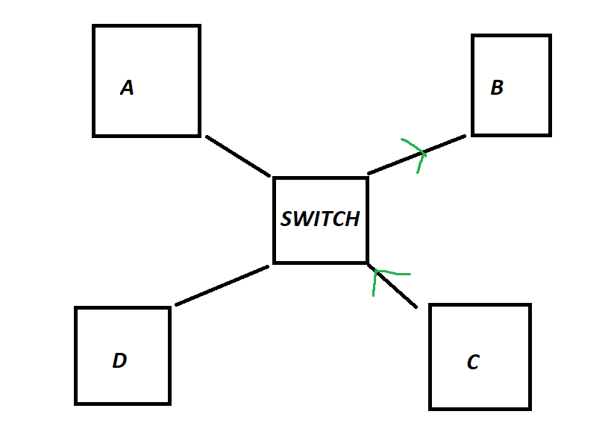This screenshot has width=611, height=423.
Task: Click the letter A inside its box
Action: pyautogui.click(x=127, y=88)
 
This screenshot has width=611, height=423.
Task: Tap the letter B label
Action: pyautogui.click(x=497, y=88)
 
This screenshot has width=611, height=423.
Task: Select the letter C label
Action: pyautogui.click(x=473, y=363)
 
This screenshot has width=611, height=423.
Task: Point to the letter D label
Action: pyautogui.click(x=119, y=361)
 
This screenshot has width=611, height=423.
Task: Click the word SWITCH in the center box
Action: pyautogui.click(x=320, y=219)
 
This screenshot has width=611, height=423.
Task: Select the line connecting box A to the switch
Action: pyautogui.click(x=238, y=156)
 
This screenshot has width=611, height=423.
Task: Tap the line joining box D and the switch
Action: pyautogui.click(x=222, y=285)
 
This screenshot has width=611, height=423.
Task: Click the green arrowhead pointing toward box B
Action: pyautogui.click(x=419, y=154)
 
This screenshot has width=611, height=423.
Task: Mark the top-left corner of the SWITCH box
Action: pyautogui.click(x=275, y=178)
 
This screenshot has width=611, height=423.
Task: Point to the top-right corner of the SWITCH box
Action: pyautogui.click(x=367, y=178)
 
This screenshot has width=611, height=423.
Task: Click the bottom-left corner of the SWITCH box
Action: pyautogui.click(x=275, y=263)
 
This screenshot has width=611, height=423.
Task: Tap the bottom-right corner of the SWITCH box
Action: pyautogui.click(x=367, y=263)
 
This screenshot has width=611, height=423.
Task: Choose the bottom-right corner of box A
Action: pyautogui.click(x=199, y=135)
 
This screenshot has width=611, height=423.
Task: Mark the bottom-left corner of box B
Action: pyautogui.click(x=473, y=134)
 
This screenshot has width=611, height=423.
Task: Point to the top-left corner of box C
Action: pyautogui.click(x=430, y=305)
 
